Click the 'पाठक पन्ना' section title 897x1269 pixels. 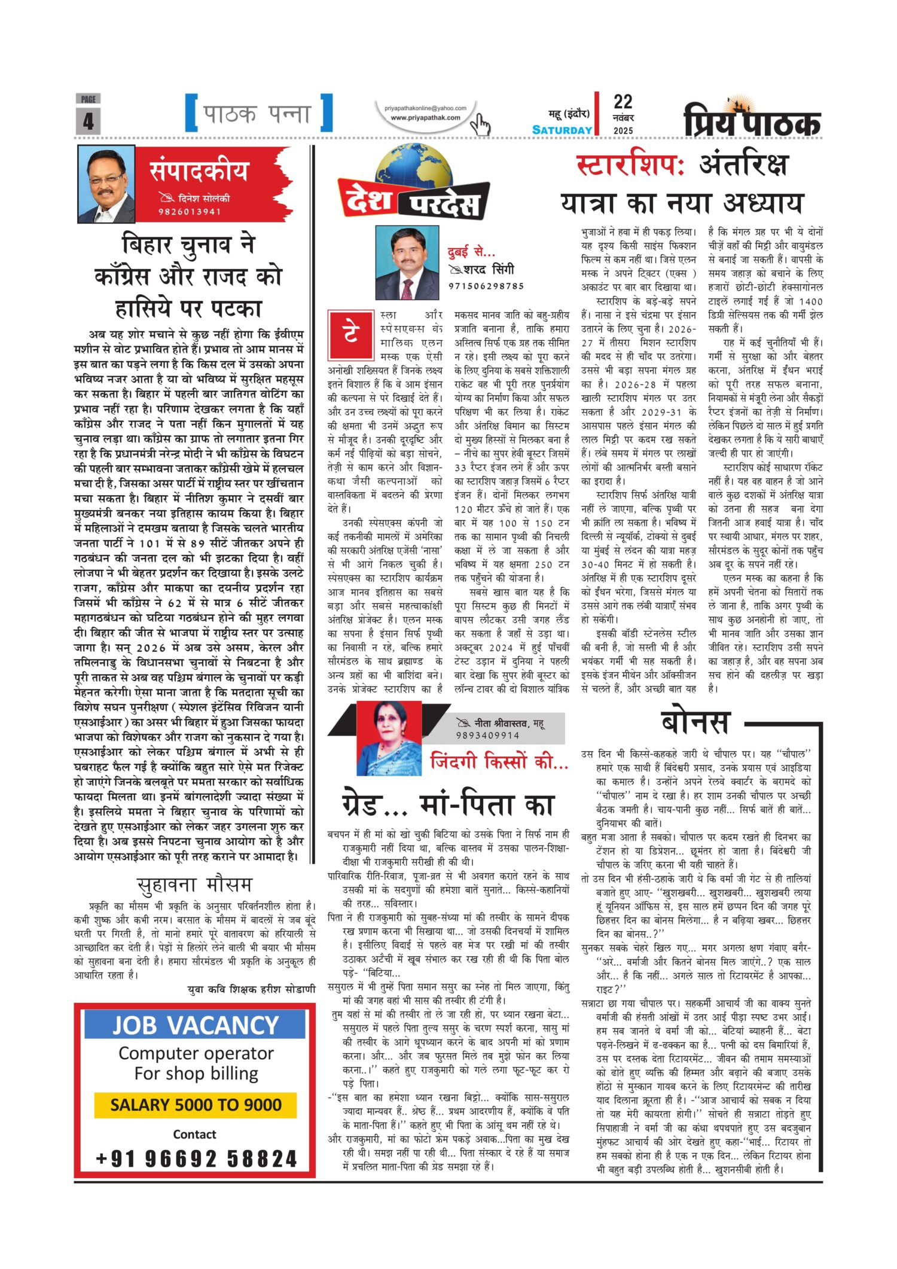pos(258,114)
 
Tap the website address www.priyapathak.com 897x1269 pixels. pos(425,118)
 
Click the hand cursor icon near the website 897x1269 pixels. pos(480,125)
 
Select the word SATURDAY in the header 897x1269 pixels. pos(562,130)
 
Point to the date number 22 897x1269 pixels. pos(623,102)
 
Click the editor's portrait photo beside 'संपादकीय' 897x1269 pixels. pos(106,184)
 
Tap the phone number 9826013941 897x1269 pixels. pos(190,211)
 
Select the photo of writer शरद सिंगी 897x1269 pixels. pos(407,262)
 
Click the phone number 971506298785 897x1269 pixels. pos(486,286)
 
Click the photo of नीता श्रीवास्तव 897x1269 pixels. pos(389,738)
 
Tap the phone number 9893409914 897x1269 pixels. pos(487,735)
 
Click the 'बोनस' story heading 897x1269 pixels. pos(696,721)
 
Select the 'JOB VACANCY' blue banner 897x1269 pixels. pos(195,1025)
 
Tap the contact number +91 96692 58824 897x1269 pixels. pos(196,1158)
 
